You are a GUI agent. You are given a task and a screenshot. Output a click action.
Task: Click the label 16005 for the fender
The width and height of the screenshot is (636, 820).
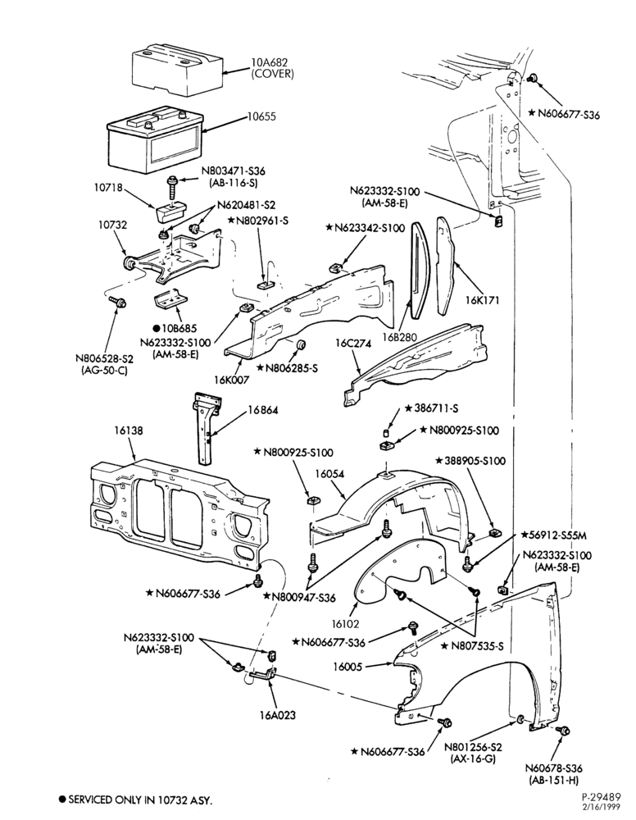pos(348,667)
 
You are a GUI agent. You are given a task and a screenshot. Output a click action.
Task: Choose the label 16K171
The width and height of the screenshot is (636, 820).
pos(483,300)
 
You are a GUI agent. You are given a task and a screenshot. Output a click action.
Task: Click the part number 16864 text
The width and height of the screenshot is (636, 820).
pos(263,409)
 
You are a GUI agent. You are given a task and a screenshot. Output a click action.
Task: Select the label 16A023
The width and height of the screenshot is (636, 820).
pos(279,715)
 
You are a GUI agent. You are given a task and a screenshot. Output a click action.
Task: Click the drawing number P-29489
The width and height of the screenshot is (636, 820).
pos(601,797)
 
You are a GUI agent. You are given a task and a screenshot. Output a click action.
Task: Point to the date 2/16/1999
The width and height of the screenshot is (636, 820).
pos(603,807)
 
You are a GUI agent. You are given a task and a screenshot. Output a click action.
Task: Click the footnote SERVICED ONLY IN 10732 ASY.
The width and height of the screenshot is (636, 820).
pos(135,800)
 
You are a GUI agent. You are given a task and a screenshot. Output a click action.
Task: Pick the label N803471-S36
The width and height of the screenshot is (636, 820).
pos(234,171)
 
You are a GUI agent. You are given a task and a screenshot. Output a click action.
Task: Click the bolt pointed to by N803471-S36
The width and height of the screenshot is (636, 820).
pos(171,186)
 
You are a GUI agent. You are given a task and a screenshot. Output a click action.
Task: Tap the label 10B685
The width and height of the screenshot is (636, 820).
pos(178,329)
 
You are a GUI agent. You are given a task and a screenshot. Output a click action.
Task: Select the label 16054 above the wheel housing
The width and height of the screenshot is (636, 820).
pos(329,473)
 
